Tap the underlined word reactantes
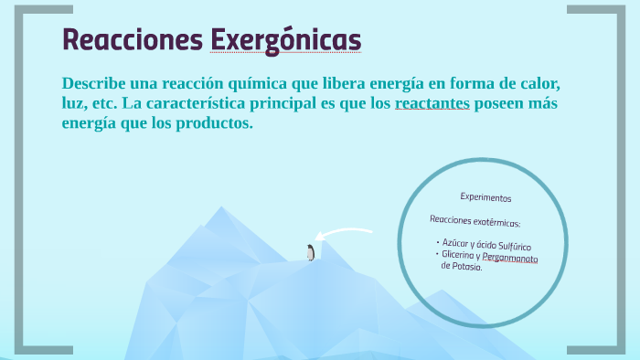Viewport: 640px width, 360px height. pos(432,103)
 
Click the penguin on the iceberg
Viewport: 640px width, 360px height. pos(311,253)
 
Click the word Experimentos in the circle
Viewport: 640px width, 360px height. pos(485,197)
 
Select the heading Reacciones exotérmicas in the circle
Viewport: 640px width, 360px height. pos(475,221)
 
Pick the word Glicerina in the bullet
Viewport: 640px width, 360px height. pos(459,255)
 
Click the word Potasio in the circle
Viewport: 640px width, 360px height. pos(465,267)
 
